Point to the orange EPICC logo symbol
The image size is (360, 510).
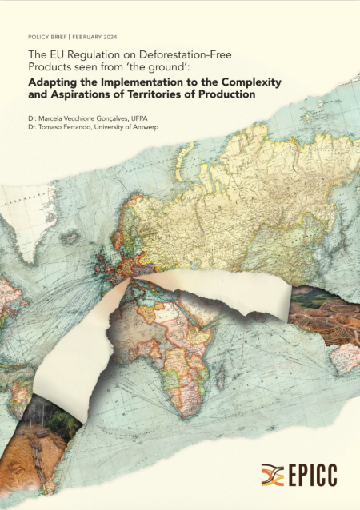pyautogui.click(x=272, y=474)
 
